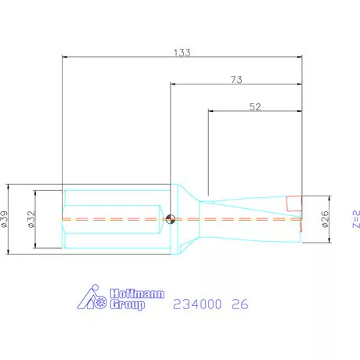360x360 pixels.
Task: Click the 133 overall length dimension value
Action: (x=182, y=52)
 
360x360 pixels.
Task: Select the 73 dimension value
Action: (x=236, y=80)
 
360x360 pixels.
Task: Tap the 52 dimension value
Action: (x=255, y=106)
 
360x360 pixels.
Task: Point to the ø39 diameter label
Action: (x=5, y=219)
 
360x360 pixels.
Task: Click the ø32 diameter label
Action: (x=31, y=219)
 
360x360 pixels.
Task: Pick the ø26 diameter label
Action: (x=325, y=219)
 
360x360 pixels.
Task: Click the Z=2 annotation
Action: (x=356, y=219)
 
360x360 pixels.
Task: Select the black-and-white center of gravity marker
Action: (x=171, y=219)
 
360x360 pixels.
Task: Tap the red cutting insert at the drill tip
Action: (x=294, y=203)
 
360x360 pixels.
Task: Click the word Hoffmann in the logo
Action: (x=137, y=293)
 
